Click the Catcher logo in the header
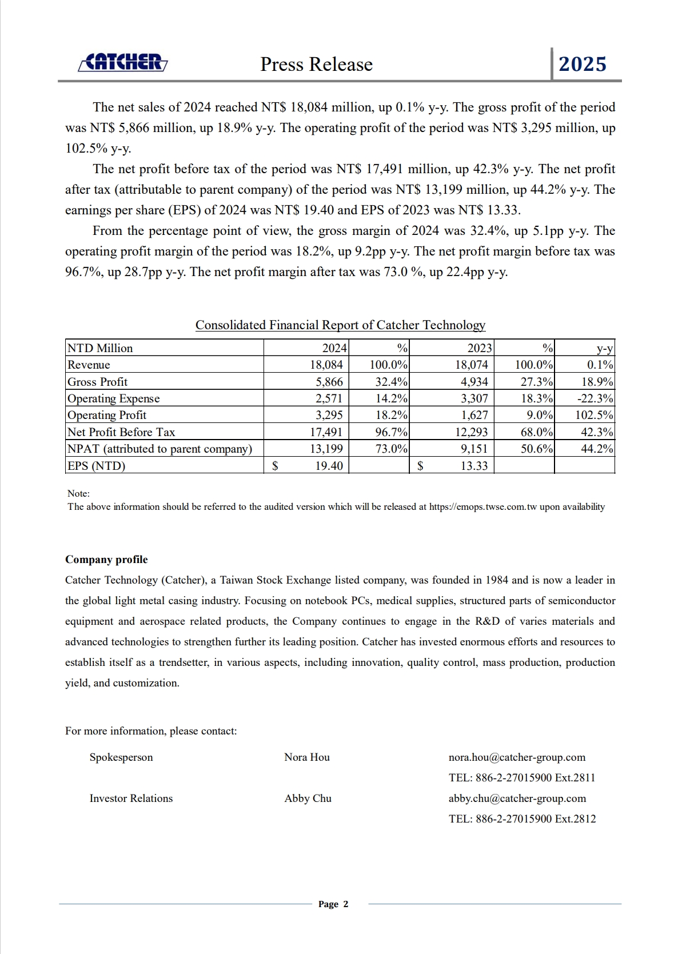click(122, 62)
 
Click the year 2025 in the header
click(582, 64)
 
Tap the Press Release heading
click(316, 64)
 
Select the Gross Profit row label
click(97, 382)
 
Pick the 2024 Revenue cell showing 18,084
click(326, 365)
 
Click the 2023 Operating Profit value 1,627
click(474, 415)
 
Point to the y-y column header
click(604, 348)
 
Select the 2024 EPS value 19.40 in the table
click(329, 466)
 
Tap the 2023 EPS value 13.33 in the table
click(474, 466)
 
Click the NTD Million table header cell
click(100, 348)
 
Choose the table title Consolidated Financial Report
click(340, 325)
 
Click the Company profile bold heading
click(106, 560)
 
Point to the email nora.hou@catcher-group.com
click(517, 757)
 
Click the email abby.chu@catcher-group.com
click(517, 799)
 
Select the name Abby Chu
click(308, 799)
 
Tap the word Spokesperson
click(121, 757)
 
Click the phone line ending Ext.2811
click(522, 778)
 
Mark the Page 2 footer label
click(333, 904)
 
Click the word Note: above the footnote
click(78, 493)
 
